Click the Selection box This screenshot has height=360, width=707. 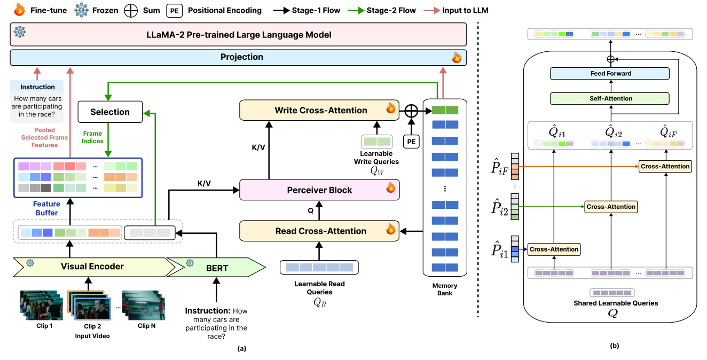click(111, 112)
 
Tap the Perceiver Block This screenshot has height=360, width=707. click(319, 190)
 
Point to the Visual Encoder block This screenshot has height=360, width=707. click(92, 267)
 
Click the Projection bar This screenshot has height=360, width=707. click(238, 57)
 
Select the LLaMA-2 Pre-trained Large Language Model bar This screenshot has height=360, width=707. click(238, 35)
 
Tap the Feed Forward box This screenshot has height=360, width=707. click(610, 74)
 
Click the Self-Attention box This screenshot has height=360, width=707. click(610, 98)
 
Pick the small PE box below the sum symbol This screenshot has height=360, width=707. click(410, 142)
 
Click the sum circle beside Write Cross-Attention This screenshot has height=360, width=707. click(411, 111)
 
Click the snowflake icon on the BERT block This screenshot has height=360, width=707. click(190, 263)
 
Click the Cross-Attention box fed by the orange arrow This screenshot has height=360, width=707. click(665, 166)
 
